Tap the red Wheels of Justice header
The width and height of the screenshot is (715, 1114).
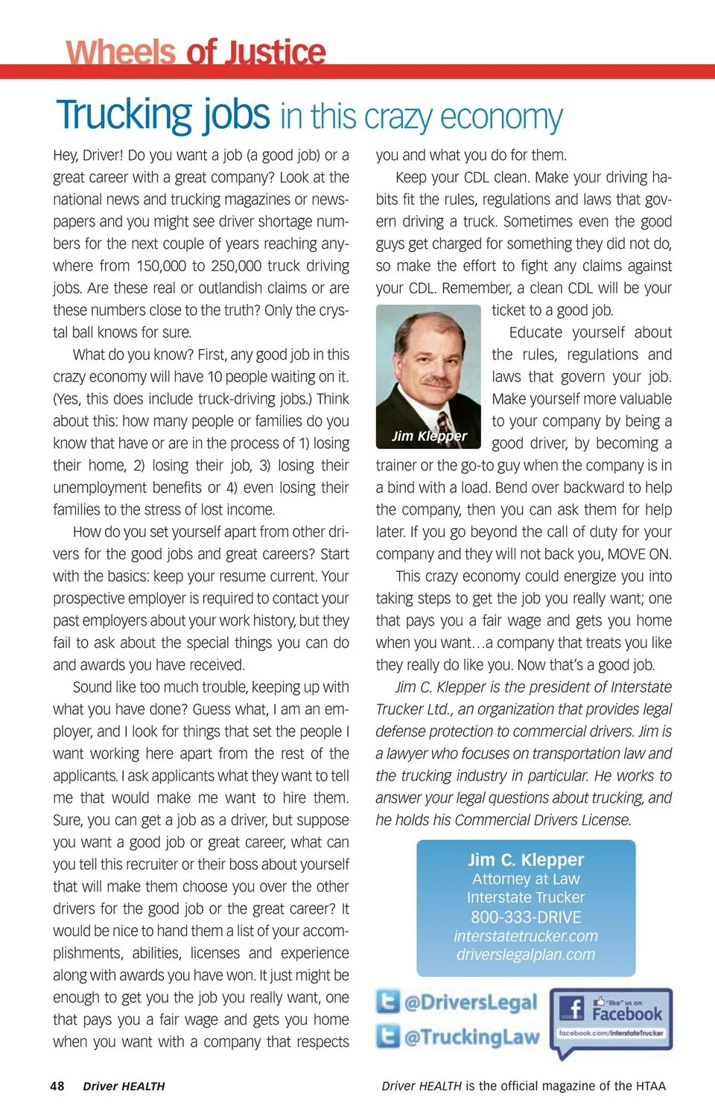196,53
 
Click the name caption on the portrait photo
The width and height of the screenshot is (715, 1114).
430,436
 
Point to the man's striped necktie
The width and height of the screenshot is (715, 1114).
445,425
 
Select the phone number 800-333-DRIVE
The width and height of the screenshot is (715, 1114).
526,917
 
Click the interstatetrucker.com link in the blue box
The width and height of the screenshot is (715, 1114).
526,936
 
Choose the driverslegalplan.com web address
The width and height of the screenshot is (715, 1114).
526,955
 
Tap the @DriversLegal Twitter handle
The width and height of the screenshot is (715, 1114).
470,1002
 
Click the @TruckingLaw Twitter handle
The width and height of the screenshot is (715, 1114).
471,1037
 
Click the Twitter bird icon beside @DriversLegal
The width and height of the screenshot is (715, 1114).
388,1002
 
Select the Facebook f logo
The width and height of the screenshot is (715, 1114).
572,1009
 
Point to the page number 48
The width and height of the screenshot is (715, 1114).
57,1086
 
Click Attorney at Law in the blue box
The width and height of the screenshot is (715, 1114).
526,879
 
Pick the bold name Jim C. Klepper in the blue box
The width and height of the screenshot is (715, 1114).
526,859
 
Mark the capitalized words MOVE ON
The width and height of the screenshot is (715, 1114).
639,554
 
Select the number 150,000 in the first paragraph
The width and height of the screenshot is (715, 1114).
160,266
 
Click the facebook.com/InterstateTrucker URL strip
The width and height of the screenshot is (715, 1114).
611,1033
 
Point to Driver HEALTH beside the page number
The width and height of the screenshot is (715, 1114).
124,1086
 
